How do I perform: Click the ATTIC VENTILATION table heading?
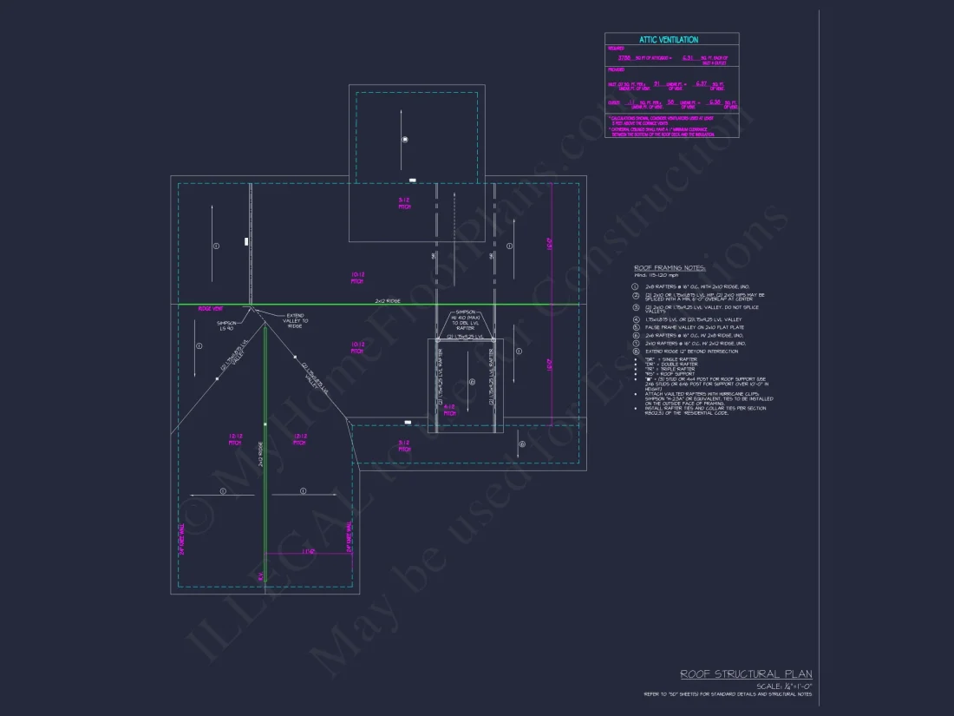tap(669, 40)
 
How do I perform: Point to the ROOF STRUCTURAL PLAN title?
tap(746, 674)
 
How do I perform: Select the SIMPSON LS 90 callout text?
tap(225, 325)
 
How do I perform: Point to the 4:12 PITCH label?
tap(449, 410)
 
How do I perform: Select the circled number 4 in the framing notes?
tap(635, 319)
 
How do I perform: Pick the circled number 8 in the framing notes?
tap(635, 351)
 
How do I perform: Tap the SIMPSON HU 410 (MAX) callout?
tap(467, 317)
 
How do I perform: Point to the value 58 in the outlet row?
tap(670, 102)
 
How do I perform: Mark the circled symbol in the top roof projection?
tap(404, 140)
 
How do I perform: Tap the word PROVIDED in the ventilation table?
tap(617, 69)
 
